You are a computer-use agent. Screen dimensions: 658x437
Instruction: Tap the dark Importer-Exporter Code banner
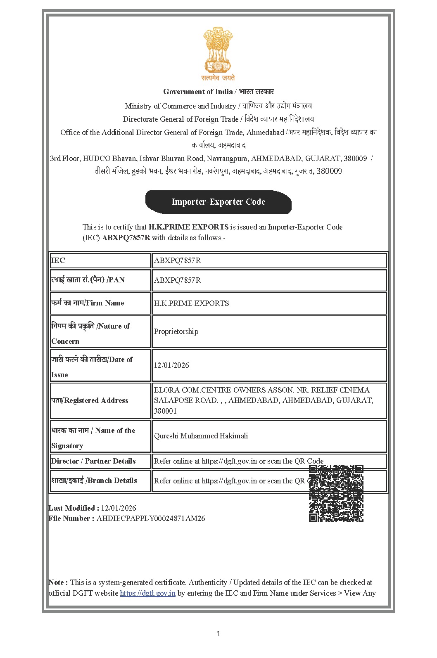click(218, 202)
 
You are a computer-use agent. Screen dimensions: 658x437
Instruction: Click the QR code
click(336, 493)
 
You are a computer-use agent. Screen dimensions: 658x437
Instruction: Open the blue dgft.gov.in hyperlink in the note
click(147, 593)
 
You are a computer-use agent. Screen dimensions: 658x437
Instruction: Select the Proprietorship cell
click(176, 331)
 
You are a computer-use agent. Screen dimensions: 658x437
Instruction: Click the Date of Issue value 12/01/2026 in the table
click(171, 365)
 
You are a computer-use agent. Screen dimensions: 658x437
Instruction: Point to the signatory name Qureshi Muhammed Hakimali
click(201, 436)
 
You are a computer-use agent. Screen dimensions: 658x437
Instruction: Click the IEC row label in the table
click(58, 260)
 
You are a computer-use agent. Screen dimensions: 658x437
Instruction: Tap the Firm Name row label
click(88, 303)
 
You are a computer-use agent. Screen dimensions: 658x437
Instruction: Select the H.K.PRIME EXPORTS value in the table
click(191, 303)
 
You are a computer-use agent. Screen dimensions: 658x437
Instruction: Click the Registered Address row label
click(90, 400)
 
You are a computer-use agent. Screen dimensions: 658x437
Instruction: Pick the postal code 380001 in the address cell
click(165, 411)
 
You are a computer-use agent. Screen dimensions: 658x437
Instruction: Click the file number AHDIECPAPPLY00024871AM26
click(151, 518)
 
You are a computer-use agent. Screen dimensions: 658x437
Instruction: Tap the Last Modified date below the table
click(118, 508)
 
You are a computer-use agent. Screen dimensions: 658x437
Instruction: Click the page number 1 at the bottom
click(218, 634)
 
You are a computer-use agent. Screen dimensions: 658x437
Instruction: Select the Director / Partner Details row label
click(93, 461)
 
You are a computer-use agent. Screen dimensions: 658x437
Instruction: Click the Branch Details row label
click(94, 480)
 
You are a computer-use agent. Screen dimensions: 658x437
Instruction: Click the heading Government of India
click(198, 92)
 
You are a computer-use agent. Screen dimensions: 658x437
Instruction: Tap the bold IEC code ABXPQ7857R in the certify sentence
click(126, 238)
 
